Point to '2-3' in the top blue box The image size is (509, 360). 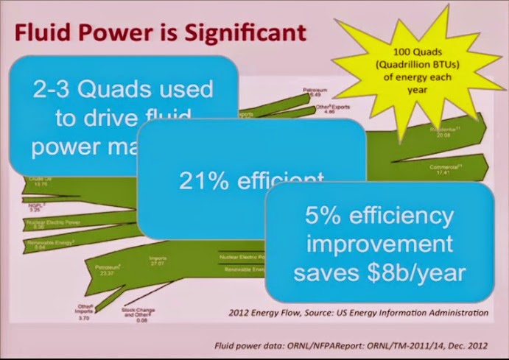point(55,90)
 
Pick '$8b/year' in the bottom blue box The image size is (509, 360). point(421,272)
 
